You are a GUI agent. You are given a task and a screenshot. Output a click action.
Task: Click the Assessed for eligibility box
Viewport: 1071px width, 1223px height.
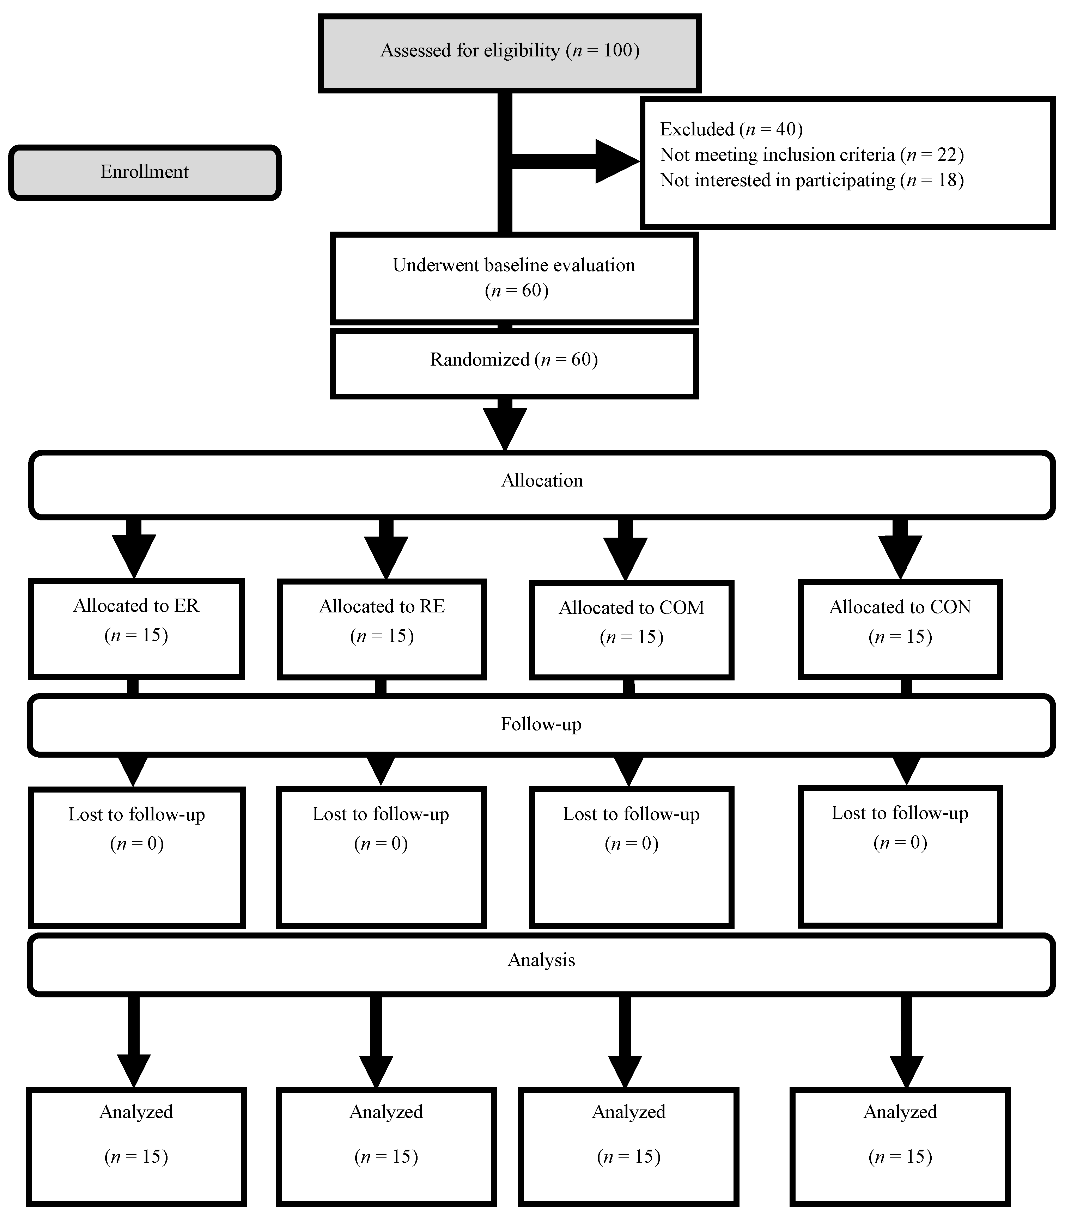(x=509, y=53)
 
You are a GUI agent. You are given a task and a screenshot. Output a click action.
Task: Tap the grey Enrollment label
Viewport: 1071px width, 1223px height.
(x=145, y=172)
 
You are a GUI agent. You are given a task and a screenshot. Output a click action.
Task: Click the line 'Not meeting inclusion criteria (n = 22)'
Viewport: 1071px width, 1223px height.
(x=811, y=155)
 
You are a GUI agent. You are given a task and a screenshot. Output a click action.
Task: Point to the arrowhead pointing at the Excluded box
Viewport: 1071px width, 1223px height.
(x=616, y=161)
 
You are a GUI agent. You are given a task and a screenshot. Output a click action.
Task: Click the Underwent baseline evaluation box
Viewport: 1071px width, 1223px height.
(x=514, y=278)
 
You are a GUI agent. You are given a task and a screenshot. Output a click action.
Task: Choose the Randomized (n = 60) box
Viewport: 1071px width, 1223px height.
(x=514, y=363)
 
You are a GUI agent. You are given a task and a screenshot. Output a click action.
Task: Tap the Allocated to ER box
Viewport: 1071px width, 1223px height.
(x=136, y=629)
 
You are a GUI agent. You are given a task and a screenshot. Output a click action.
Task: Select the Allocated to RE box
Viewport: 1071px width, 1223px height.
(x=382, y=629)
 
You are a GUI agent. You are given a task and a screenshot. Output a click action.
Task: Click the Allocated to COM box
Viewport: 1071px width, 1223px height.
(x=631, y=630)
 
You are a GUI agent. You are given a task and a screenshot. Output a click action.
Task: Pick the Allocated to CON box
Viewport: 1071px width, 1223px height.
(x=900, y=629)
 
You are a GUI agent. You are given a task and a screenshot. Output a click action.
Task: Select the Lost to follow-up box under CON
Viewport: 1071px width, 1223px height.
(x=900, y=856)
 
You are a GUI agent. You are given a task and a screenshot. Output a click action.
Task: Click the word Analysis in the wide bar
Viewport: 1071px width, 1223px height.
(x=541, y=960)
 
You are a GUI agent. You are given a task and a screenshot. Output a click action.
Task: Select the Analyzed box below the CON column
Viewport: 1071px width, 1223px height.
(x=900, y=1146)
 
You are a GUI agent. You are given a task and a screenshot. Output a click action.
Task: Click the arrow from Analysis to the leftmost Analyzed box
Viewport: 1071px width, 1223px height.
(x=134, y=1042)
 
